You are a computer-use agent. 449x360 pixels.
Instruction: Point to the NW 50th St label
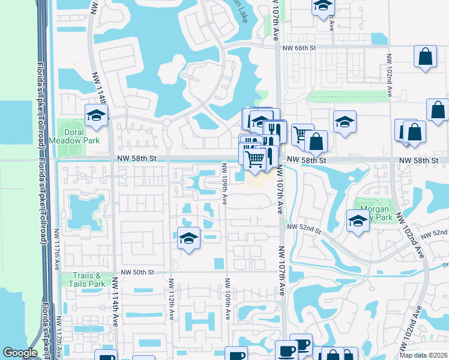tap(138, 272)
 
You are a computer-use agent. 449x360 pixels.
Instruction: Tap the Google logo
tap(20, 353)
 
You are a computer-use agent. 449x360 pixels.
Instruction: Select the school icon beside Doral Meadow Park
tap(96, 115)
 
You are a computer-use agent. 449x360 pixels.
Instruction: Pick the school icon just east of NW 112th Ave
tap(188, 239)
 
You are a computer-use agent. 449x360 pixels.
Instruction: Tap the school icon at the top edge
tap(322, 6)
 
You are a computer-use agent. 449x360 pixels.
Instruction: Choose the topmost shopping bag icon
tap(425, 58)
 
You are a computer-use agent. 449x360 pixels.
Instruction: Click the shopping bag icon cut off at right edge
tap(438, 110)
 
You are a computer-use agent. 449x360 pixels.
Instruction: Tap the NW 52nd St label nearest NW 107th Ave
tap(304, 227)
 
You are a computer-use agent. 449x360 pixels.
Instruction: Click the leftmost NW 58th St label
tap(137, 158)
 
